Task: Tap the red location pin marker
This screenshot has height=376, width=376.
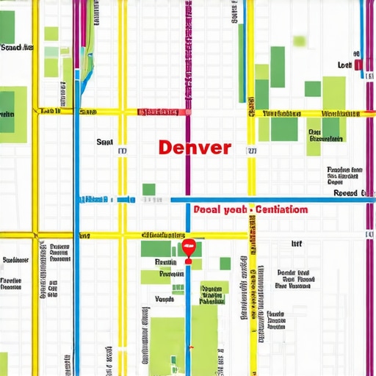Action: (188, 248)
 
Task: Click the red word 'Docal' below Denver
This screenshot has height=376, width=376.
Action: (209, 209)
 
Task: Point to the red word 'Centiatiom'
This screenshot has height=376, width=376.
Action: (281, 209)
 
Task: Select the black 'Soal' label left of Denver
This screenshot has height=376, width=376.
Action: (104, 142)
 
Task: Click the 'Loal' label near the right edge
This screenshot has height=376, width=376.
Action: (344, 65)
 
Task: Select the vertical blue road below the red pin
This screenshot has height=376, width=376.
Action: (188, 308)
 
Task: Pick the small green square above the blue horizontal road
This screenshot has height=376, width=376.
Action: (149, 189)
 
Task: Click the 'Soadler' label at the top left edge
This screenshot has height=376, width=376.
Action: (16, 48)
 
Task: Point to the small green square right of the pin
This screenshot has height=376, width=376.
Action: (225, 263)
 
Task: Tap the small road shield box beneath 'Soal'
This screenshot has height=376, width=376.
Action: (123, 151)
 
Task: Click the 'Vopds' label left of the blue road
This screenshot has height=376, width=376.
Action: (164, 299)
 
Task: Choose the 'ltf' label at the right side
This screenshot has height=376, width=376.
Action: (297, 243)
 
